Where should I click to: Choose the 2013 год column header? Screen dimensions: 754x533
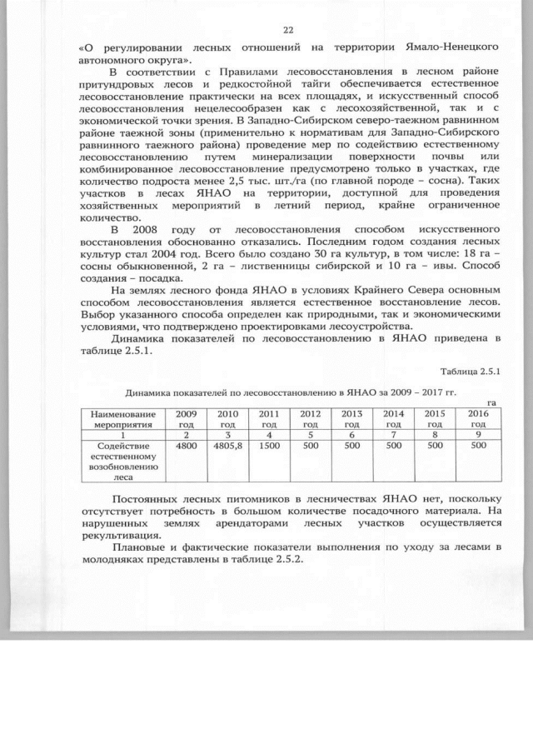(x=351, y=418)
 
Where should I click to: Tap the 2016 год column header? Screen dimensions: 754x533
(x=477, y=418)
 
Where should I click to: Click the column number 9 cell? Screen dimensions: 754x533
(x=477, y=435)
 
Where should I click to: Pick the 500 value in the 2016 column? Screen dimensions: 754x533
(x=477, y=447)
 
